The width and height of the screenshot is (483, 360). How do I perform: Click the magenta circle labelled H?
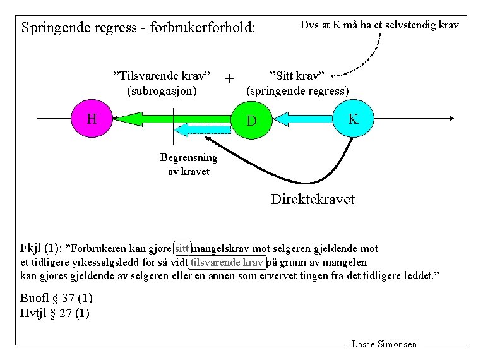point(92,118)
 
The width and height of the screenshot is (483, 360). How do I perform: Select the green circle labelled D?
point(252,119)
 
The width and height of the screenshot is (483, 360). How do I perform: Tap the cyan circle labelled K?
point(354,118)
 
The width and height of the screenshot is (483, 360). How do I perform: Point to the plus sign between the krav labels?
point(229,79)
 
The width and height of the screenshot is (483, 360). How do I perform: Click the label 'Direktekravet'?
point(313,200)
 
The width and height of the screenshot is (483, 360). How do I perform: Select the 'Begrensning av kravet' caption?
point(188,164)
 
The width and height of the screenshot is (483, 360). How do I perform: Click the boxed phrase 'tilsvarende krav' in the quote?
point(227,262)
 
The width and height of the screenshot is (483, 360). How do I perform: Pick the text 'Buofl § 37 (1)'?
point(55,299)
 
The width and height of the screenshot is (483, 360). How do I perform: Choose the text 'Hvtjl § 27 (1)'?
point(55,313)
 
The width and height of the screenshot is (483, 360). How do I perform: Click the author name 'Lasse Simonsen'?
point(384,344)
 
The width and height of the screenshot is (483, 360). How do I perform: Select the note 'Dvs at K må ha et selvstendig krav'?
point(379,25)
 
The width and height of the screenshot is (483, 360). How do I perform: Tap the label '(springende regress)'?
point(297,90)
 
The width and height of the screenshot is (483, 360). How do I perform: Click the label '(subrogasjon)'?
point(162,90)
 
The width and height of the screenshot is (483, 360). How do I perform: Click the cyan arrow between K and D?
point(302,118)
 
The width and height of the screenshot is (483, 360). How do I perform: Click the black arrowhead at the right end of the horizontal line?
point(451,118)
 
